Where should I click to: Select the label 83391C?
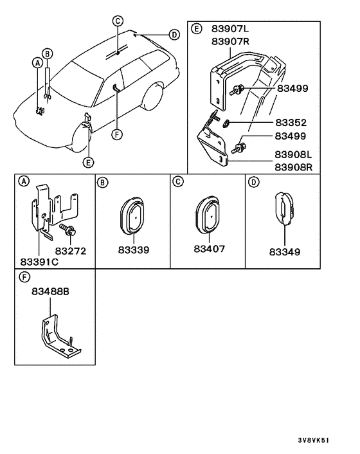(40, 262)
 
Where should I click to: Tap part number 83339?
(132, 250)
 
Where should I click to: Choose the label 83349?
(284, 251)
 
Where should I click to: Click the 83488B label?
(50, 291)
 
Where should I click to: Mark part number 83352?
(291, 122)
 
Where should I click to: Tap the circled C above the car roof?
(118, 21)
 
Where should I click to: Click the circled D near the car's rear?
(174, 34)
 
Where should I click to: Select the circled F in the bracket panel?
(24, 278)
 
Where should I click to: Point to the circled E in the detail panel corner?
(196, 30)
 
